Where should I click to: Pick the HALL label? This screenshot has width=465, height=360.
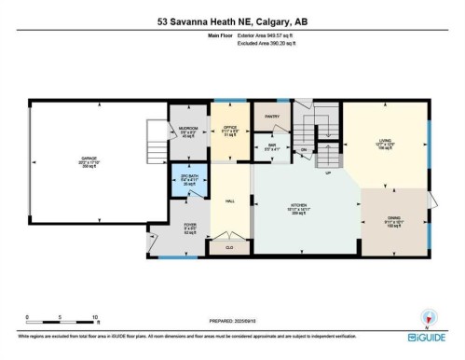tap(228, 201)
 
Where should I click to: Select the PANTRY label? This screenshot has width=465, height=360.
tap(272, 117)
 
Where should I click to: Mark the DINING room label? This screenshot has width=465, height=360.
tap(393, 217)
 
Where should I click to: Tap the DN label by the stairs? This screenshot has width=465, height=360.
tap(304, 149)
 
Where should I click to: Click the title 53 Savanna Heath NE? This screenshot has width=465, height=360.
tap(232, 21)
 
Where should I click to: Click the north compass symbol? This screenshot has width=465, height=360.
tap(428, 316)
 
